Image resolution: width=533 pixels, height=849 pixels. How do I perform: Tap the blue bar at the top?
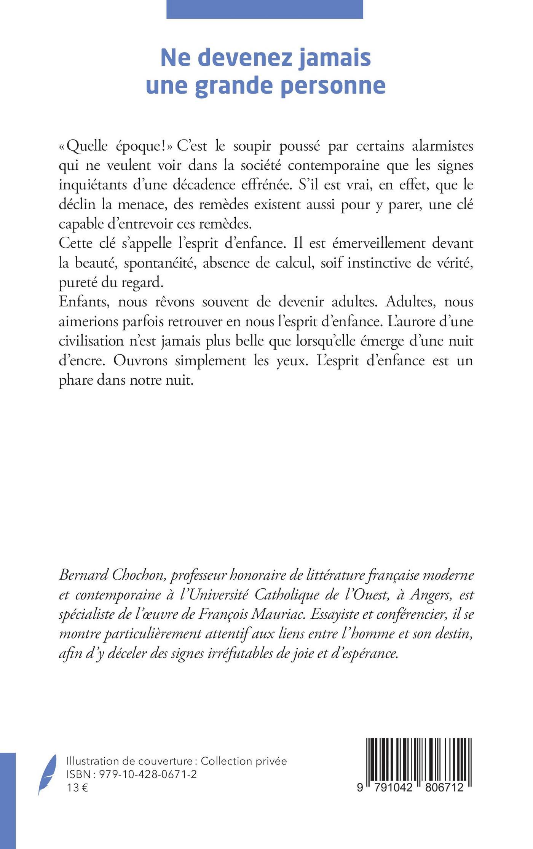pos(265,9)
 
